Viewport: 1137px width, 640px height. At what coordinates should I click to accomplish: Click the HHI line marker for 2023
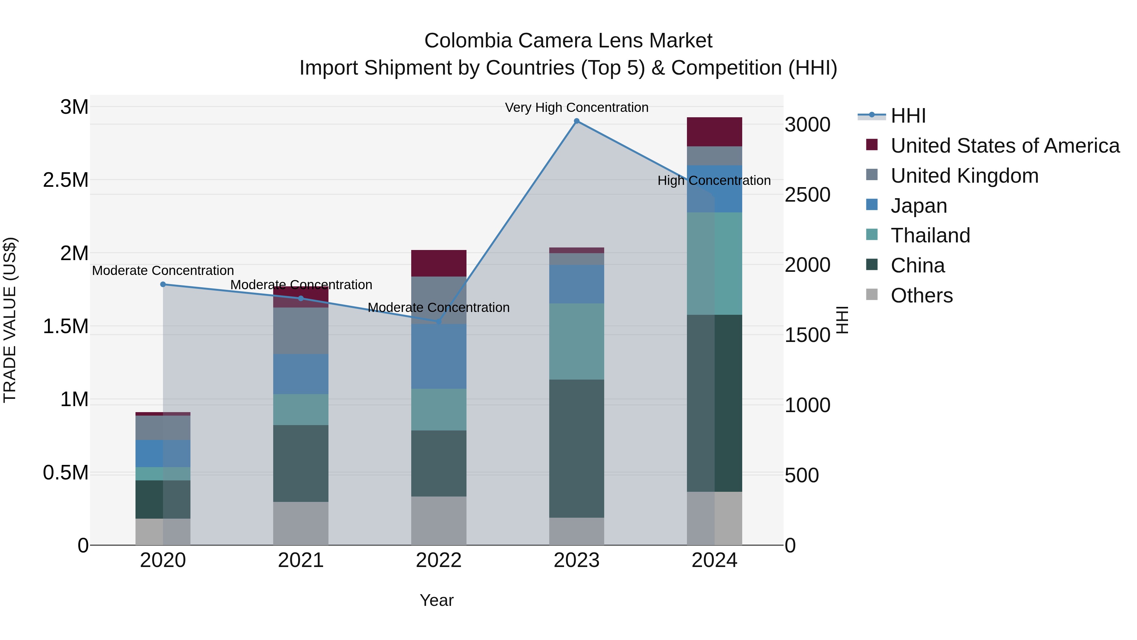pyautogui.click(x=576, y=121)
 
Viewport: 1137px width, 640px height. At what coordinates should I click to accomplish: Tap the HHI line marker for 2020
pyautogui.click(x=163, y=284)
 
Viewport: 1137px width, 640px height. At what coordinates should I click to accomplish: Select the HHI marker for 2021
pyautogui.click(x=301, y=298)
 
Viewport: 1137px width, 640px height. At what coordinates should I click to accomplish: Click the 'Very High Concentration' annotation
pyautogui.click(x=576, y=107)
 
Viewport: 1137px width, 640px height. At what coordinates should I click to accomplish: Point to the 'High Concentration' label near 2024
pyautogui.click(x=714, y=181)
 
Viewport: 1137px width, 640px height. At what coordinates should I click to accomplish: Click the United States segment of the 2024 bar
pyautogui.click(x=714, y=131)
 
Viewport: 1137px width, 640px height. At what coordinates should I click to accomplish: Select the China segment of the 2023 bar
pyautogui.click(x=576, y=448)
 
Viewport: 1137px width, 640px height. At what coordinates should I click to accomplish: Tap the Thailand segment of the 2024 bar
pyautogui.click(x=714, y=263)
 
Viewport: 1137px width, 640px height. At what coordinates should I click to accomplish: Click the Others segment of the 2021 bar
pyautogui.click(x=301, y=523)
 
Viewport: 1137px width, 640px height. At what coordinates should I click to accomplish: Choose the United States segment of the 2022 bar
pyautogui.click(x=439, y=263)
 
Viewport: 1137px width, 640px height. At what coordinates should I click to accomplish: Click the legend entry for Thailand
pyautogui.click(x=930, y=235)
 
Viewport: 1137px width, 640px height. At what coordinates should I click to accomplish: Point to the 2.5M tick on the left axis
pyautogui.click(x=65, y=180)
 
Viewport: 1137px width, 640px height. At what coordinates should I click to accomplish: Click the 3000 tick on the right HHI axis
pyautogui.click(x=807, y=125)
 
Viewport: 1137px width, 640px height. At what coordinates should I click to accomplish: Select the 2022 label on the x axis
pyautogui.click(x=439, y=560)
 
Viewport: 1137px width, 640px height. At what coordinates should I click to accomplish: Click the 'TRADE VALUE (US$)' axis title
pyautogui.click(x=10, y=320)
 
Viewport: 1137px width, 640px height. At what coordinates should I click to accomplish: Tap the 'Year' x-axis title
pyautogui.click(x=436, y=600)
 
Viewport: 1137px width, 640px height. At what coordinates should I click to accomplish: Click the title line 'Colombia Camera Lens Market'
pyautogui.click(x=568, y=41)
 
